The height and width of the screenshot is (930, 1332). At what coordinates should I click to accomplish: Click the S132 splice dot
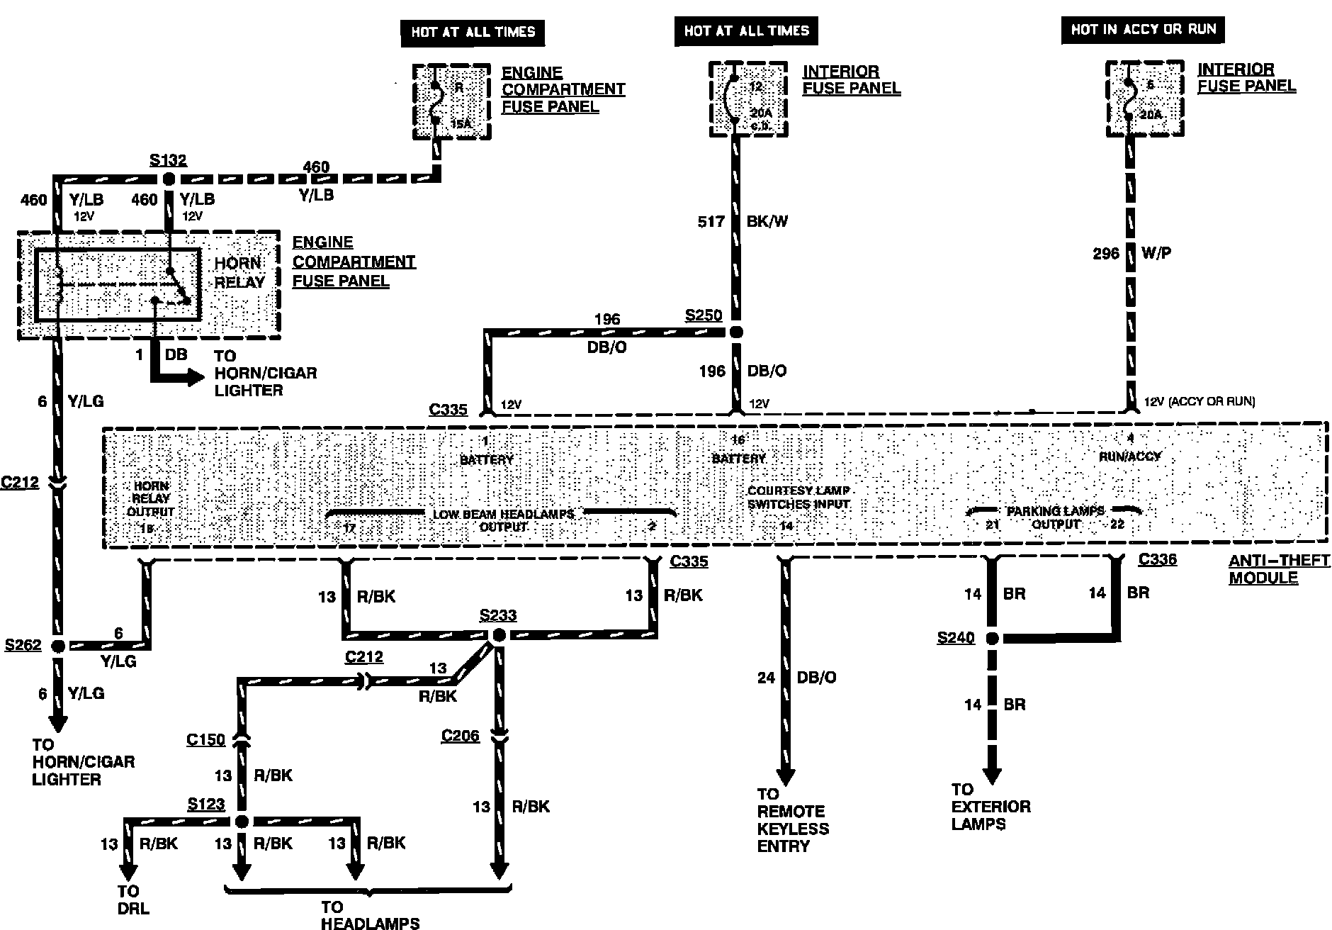[169, 179]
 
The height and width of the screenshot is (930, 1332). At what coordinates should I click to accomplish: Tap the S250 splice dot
[736, 332]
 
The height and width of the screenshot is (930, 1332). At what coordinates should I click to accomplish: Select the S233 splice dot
[499, 635]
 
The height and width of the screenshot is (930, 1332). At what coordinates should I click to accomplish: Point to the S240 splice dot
[992, 639]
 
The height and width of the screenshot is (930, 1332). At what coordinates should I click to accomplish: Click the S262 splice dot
[58, 646]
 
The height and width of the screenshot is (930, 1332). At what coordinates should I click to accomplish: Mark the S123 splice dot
[242, 822]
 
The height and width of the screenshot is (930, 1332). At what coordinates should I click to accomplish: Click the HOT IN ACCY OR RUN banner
[1143, 30]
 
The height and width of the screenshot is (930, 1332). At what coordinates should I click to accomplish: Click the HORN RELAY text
[239, 272]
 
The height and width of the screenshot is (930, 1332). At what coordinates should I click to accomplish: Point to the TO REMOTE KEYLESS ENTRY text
[792, 820]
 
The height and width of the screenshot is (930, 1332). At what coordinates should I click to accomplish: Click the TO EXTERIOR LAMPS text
[990, 807]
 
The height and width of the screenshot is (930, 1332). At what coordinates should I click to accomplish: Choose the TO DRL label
[133, 900]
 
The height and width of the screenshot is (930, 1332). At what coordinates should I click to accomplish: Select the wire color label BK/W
[767, 222]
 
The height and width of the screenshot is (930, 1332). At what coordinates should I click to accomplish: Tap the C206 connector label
[461, 736]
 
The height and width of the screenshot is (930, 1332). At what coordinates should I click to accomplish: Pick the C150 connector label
[205, 740]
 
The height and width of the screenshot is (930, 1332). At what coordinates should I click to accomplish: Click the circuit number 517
[711, 222]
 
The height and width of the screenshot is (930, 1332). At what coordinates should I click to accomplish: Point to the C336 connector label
[1158, 559]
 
